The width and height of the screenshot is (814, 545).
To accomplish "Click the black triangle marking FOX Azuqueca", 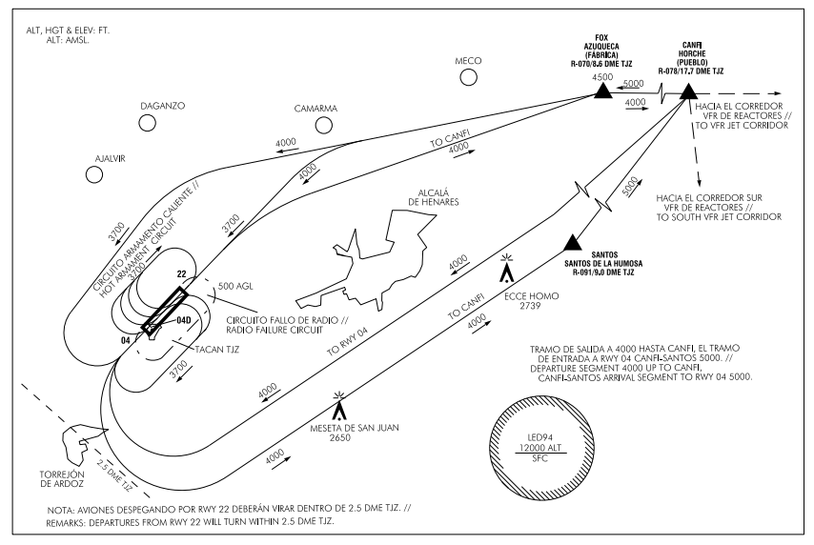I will point(601,91).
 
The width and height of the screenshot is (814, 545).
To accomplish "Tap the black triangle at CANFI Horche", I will point(687,91).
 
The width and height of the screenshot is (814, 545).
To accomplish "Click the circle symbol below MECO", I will point(467,80).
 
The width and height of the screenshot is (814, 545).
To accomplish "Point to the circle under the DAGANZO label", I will point(148,123).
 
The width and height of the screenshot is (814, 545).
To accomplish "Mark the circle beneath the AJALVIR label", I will point(94,174).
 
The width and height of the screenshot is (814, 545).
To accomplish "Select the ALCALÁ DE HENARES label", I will point(434,195).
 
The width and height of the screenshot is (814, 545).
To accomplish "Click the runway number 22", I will point(181,272).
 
